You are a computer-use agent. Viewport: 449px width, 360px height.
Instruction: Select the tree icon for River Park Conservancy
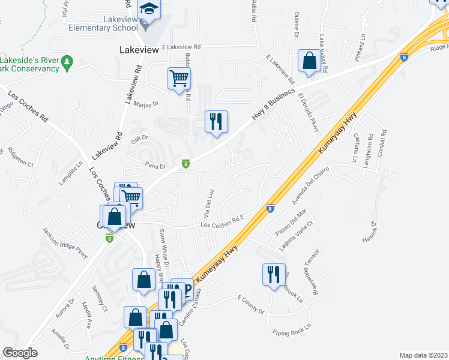point(68,61)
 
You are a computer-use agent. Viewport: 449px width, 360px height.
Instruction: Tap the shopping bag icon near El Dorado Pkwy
point(310,61)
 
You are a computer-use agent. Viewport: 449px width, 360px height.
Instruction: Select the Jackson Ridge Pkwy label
point(65,242)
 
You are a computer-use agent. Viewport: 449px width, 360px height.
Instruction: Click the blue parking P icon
point(185,291)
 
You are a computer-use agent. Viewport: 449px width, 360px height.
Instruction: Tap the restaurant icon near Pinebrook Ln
point(274,274)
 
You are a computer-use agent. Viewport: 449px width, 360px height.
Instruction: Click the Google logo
point(20,352)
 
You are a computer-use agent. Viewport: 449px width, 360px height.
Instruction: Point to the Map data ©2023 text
point(423,355)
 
